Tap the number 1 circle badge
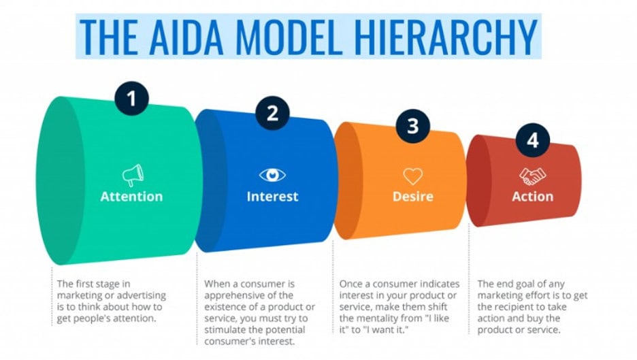pyautogui.click(x=131, y=100)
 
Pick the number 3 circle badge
pyautogui.click(x=413, y=127)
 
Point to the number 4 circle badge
pyautogui.click(x=532, y=141)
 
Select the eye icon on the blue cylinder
pyautogui.click(x=272, y=176)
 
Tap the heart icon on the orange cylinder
pyautogui.click(x=413, y=176)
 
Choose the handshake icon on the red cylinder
pyautogui.click(x=532, y=176)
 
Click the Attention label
pyautogui.click(x=131, y=197)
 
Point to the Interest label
pyautogui.click(x=272, y=197)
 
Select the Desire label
pyautogui.click(x=413, y=197)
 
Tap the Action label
pyautogui.click(x=532, y=197)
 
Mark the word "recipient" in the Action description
pyautogui.click(x=520, y=307)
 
